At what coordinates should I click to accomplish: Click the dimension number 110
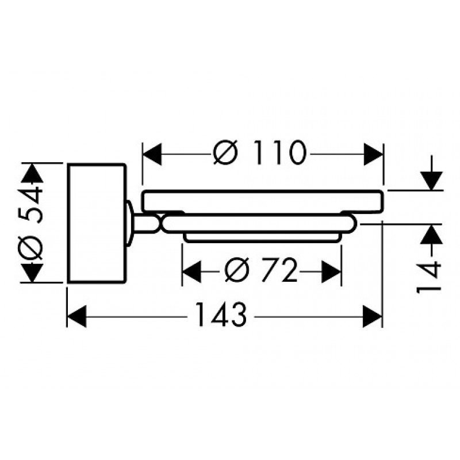(280, 152)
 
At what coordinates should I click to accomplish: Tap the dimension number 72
(279, 270)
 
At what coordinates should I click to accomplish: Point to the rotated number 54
(32, 204)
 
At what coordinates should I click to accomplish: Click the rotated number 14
(429, 277)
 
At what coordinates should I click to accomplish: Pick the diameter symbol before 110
(225, 152)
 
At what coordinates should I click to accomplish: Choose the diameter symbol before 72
(236, 270)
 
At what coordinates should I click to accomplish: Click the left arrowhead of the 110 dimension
(152, 154)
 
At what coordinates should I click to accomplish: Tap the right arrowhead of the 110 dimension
(373, 154)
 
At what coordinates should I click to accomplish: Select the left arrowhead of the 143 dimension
(77, 316)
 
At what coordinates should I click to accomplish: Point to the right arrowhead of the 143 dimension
(373, 316)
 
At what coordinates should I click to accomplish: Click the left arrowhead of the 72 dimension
(191, 271)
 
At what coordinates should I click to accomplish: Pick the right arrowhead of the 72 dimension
(332, 271)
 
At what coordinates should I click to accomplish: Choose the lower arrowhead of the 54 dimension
(32, 273)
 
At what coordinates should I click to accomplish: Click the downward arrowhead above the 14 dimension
(431, 181)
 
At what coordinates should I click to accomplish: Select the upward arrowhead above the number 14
(431, 234)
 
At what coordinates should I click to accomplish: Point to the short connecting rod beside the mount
(143, 224)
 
